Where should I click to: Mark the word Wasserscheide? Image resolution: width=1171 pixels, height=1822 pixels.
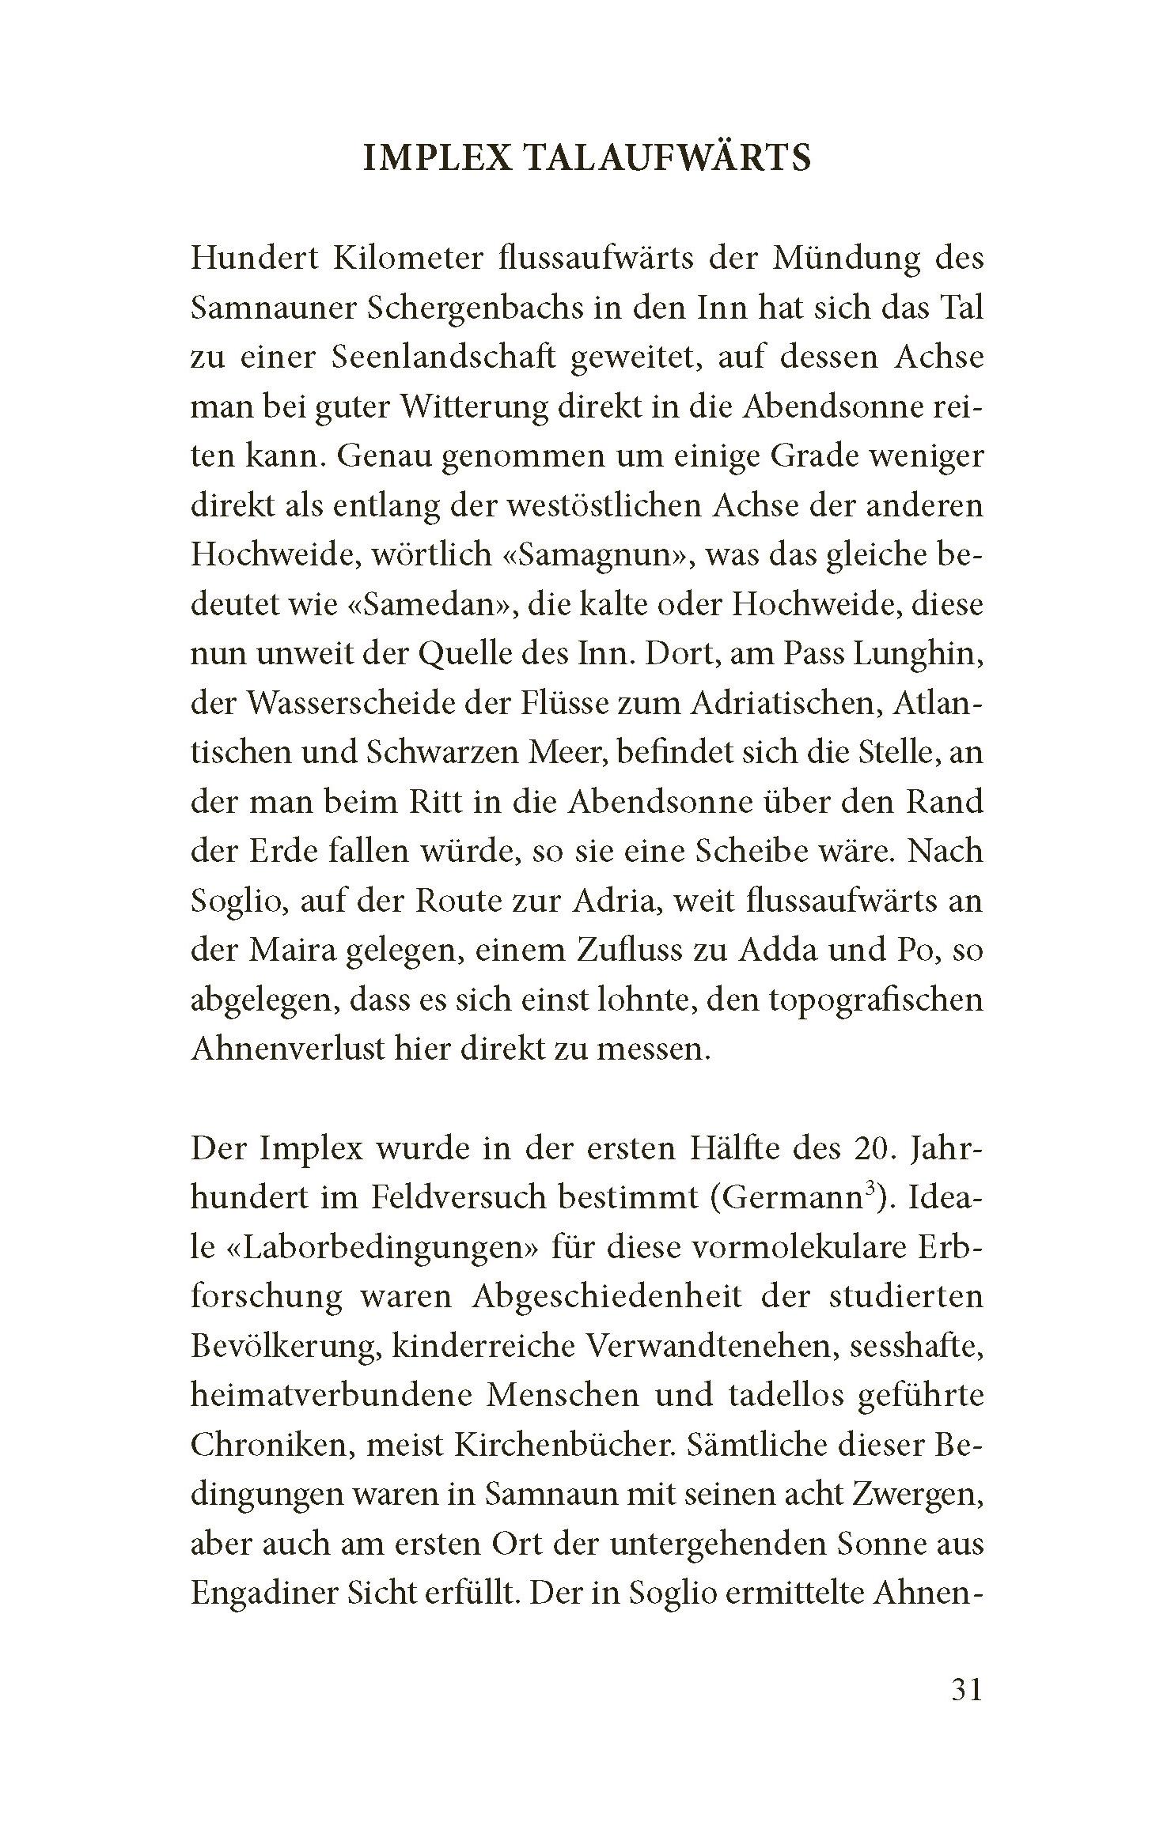(351, 704)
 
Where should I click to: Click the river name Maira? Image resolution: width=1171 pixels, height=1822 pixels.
(292, 950)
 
